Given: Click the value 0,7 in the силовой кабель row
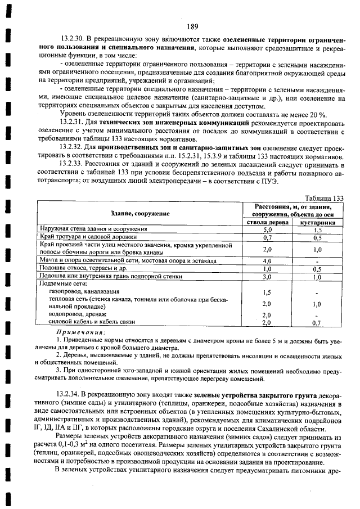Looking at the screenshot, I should pos(318,323).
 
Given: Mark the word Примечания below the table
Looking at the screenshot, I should pos(79,332).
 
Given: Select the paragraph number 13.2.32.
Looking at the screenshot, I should pos(71,147).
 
